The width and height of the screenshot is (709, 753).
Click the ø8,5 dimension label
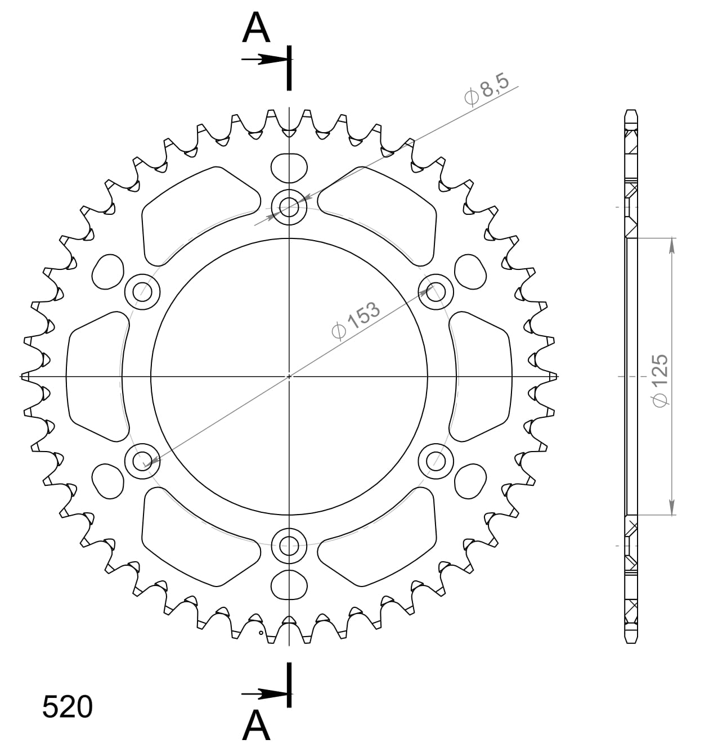(487, 89)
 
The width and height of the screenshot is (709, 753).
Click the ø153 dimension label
(356, 322)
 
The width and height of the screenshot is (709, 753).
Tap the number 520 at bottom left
(67, 707)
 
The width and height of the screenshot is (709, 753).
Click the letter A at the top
(256, 29)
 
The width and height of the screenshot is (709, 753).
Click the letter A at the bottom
(256, 726)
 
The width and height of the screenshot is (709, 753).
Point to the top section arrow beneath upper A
(264, 59)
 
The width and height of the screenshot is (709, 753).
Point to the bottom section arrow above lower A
(264, 694)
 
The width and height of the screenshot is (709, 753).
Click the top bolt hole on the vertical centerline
(289, 208)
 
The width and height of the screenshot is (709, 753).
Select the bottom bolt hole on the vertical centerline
(289, 544)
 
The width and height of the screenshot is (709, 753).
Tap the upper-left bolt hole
(142, 292)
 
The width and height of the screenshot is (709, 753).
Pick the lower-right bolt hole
(436, 461)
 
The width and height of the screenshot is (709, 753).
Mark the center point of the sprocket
(289, 376)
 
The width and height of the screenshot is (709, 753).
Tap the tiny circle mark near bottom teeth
(261, 633)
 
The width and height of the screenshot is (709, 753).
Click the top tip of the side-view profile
(632, 110)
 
